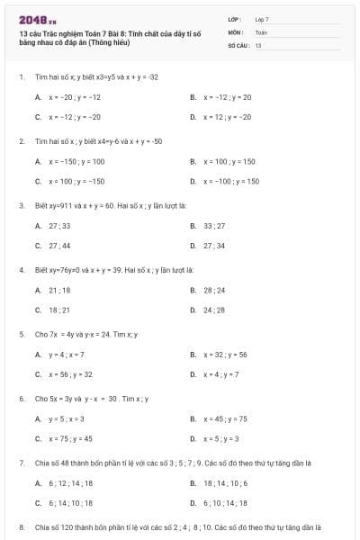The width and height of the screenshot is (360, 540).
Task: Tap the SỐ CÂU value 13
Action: (x=257, y=44)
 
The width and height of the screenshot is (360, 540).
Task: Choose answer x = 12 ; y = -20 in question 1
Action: (x=229, y=117)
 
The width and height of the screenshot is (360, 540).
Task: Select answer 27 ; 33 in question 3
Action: (x=59, y=225)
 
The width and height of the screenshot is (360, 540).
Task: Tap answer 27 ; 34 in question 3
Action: (x=214, y=245)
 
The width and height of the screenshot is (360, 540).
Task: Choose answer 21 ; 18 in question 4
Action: (x=59, y=290)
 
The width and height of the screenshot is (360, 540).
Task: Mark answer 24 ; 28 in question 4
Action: (x=214, y=310)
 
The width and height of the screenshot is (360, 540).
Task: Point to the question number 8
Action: (x=21, y=526)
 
